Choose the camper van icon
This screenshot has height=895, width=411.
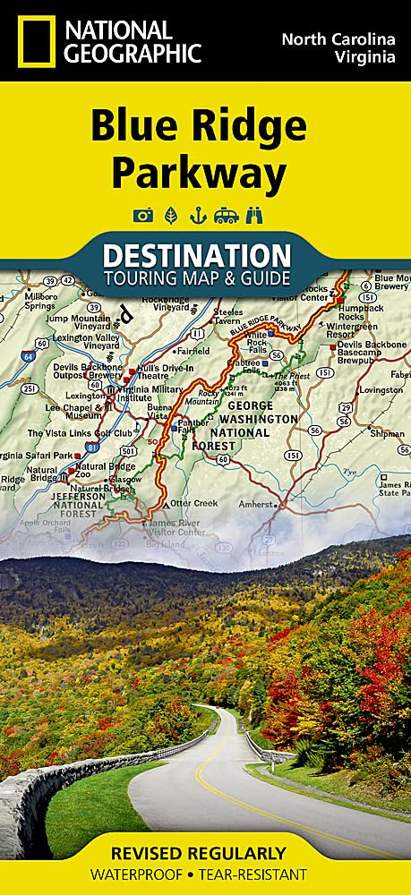click(x=225, y=216)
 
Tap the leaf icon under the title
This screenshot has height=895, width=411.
click(x=170, y=216)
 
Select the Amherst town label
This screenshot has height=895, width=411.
click(x=256, y=505)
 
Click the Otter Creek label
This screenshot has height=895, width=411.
click(x=194, y=503)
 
